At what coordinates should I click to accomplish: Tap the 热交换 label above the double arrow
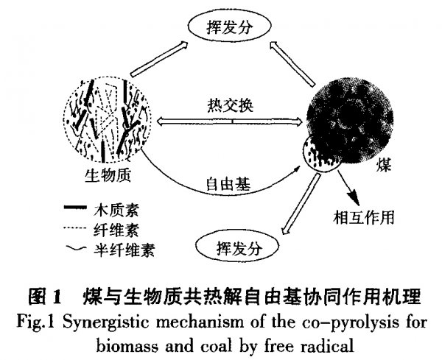pyautogui.click(x=230, y=105)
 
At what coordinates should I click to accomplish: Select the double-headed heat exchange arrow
pyautogui.click(x=229, y=121)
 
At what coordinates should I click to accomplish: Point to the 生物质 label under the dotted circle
pyautogui.click(x=108, y=175)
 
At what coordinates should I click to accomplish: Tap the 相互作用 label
pyautogui.click(x=364, y=217)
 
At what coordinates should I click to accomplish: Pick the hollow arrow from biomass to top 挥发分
pyautogui.click(x=159, y=59)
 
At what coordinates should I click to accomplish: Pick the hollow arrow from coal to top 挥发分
pyautogui.click(x=292, y=63)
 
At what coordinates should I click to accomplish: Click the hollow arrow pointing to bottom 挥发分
pyautogui.click(x=301, y=203)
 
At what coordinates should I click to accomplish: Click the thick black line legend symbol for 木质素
pyautogui.click(x=75, y=208)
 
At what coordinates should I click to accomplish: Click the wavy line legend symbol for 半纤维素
pyautogui.click(x=76, y=248)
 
